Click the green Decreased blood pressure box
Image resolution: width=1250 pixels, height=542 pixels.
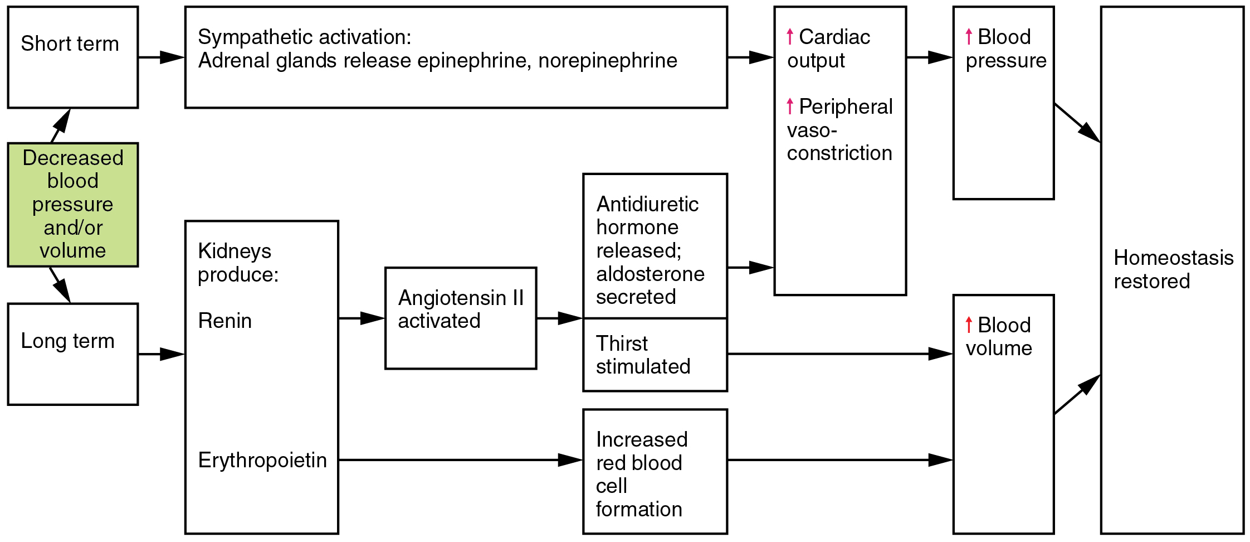tap(72, 205)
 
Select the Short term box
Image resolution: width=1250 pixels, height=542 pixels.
tap(72, 57)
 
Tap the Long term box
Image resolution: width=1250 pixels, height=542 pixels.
tap(72, 354)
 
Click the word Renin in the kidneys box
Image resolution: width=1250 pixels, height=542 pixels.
tap(225, 321)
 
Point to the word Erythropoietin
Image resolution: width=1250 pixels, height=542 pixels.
tap(262, 461)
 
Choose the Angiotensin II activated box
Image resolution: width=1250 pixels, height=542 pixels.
tap(461, 318)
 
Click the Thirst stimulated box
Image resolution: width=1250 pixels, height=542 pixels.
tap(655, 355)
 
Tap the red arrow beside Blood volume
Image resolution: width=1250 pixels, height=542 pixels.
tap(969, 325)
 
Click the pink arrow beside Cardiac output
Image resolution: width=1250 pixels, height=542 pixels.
tap(790, 37)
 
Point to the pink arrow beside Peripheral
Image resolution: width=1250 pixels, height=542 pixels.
tap(790, 106)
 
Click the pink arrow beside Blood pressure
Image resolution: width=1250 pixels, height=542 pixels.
tap(969, 37)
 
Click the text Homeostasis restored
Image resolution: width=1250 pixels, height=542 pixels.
tap(1173, 269)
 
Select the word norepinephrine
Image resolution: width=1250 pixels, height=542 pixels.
tap(608, 60)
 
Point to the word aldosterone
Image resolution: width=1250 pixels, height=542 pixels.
tap(650, 274)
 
